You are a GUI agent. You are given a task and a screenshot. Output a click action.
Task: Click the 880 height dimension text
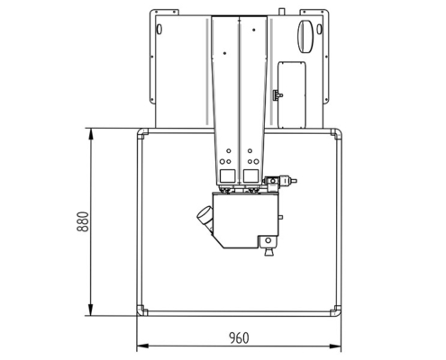[x=82, y=221]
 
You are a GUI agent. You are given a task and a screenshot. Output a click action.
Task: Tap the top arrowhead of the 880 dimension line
[x=90, y=132]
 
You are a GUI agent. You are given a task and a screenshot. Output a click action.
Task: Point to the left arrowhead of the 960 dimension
[x=140, y=346]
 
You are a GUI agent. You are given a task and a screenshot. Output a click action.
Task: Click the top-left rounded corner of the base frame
[x=142, y=136]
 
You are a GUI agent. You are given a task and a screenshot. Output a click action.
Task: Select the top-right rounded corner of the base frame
[x=337, y=136]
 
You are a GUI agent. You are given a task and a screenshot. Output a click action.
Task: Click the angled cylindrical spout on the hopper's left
[x=206, y=217]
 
